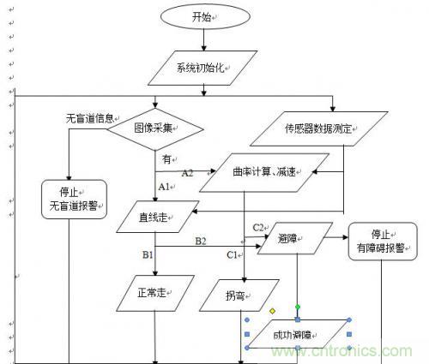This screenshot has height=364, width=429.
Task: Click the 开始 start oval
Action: [205, 16]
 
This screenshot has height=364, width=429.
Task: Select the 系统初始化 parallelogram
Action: [202, 68]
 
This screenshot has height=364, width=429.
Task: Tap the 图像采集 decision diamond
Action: [155, 129]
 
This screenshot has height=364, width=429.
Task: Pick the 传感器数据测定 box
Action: [319, 128]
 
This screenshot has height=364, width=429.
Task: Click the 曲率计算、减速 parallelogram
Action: [264, 172]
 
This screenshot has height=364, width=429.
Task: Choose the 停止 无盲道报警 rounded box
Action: [74, 200]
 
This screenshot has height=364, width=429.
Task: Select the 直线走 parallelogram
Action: [158, 217]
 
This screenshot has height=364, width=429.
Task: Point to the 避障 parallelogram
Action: [295, 238]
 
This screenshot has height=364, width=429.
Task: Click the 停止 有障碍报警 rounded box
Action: [383, 242]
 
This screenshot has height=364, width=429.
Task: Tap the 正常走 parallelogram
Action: [155, 293]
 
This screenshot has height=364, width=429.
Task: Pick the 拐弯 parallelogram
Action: [239, 295]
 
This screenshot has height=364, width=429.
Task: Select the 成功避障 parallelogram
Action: [298, 334]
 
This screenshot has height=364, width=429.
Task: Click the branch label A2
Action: [188, 173]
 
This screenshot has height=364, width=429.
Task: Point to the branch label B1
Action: [148, 254]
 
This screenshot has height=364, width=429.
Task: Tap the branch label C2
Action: [258, 228]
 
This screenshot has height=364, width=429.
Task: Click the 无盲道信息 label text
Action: [90, 118]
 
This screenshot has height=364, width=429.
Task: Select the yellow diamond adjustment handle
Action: [272, 311]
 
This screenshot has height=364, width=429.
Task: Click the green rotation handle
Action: [298, 307]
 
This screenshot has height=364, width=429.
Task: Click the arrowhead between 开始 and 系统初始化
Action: [203, 48]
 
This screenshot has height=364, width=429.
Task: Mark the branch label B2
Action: [201, 242]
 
